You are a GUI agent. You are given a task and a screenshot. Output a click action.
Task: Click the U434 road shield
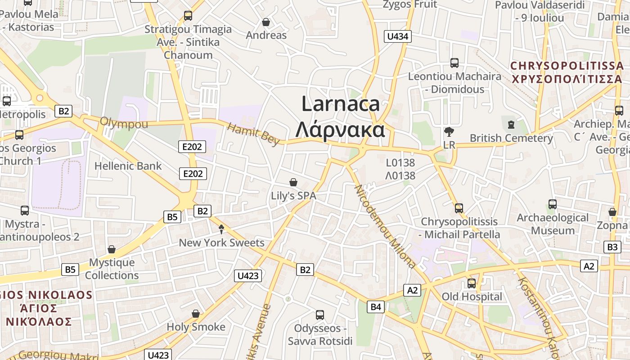(x=398, y=36)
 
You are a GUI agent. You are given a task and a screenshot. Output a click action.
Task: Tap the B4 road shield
(x=376, y=307)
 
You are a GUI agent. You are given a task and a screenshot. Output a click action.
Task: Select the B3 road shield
(x=612, y=247)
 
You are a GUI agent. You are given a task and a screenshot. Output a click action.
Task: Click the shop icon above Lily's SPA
(x=293, y=182)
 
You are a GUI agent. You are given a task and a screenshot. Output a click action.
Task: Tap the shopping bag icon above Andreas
(x=266, y=22)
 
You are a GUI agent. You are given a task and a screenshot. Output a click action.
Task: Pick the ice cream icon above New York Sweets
(x=221, y=229)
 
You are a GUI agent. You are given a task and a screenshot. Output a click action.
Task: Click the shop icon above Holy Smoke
(x=196, y=314)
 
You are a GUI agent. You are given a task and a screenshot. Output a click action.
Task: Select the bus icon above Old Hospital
(x=471, y=283)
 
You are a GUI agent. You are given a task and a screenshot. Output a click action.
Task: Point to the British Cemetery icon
(x=511, y=125)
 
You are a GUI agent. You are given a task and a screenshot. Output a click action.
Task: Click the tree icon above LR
(x=449, y=132)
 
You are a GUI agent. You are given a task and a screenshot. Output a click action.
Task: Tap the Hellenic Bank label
(x=128, y=166)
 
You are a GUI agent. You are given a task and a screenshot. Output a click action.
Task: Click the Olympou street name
(x=124, y=123)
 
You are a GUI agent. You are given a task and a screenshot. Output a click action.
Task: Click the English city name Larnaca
(x=341, y=104)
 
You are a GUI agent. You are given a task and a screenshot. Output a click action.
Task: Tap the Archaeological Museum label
(x=552, y=224)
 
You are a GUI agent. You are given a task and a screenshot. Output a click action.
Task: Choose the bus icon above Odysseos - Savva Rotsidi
(x=320, y=315)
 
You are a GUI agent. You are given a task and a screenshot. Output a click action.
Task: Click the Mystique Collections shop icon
(x=112, y=249)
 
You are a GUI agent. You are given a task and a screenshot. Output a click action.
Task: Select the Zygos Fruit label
(x=409, y=4)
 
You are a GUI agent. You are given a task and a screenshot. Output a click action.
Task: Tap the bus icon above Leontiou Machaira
(x=454, y=63)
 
